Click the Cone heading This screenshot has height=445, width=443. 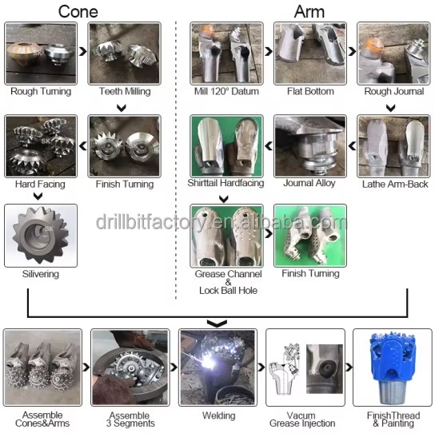78,12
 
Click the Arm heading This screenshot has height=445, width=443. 309,12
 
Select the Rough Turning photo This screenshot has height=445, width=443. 41,54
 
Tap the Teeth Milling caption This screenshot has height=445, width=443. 125,91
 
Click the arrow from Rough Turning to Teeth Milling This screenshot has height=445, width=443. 82,51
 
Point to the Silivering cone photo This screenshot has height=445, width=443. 41,236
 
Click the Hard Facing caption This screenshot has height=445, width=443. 40,185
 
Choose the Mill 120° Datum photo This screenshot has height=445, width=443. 226,54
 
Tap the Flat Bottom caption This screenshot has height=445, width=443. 310,91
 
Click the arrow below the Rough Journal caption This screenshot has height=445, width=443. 391,108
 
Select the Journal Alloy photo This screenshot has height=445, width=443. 310,146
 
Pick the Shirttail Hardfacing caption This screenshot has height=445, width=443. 225,183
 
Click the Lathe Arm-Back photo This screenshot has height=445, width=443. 393,146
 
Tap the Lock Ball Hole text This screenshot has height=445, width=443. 229,291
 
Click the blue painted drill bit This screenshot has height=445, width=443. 393,367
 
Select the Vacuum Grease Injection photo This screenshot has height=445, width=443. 305,368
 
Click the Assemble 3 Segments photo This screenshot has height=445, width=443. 130,368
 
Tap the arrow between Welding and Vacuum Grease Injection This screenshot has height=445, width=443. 261,367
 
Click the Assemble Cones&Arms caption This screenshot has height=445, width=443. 42,419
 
